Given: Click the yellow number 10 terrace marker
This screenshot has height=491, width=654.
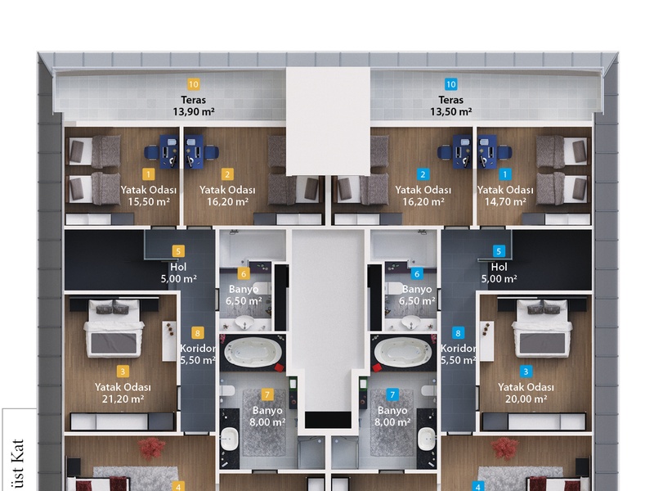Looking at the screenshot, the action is click(x=194, y=84).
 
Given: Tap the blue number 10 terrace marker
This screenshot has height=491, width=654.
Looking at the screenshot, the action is click(x=451, y=84).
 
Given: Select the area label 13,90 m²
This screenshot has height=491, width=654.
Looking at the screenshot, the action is click(x=194, y=112).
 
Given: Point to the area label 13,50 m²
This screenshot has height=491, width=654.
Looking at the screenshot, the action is click(x=451, y=112).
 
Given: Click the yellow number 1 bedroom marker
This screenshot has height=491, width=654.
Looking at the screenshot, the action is click(x=148, y=174).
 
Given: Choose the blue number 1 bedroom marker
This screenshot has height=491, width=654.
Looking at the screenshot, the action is click(x=505, y=174).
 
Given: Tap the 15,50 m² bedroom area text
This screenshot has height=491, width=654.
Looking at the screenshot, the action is click(x=149, y=202).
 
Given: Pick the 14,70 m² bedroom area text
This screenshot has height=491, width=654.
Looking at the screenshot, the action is click(x=505, y=202).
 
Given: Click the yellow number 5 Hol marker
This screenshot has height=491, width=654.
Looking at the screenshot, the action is click(x=178, y=251).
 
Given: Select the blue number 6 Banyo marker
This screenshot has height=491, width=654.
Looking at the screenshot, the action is click(x=417, y=273).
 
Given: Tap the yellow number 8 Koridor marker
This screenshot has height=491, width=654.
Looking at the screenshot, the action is click(x=197, y=333).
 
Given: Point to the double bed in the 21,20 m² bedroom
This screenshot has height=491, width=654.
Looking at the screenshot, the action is click(x=113, y=328).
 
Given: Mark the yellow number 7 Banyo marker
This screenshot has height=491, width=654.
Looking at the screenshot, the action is click(x=267, y=394).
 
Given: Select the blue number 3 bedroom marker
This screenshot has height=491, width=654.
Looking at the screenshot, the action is click(x=526, y=372).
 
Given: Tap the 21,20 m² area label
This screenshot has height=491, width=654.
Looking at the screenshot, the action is click(x=123, y=399).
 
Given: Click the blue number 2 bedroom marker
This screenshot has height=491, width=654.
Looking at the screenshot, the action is click(x=423, y=174).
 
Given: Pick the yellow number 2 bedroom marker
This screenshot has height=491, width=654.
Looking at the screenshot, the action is click(x=227, y=174).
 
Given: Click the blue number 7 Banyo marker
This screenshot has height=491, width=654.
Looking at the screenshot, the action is click(x=392, y=394).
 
